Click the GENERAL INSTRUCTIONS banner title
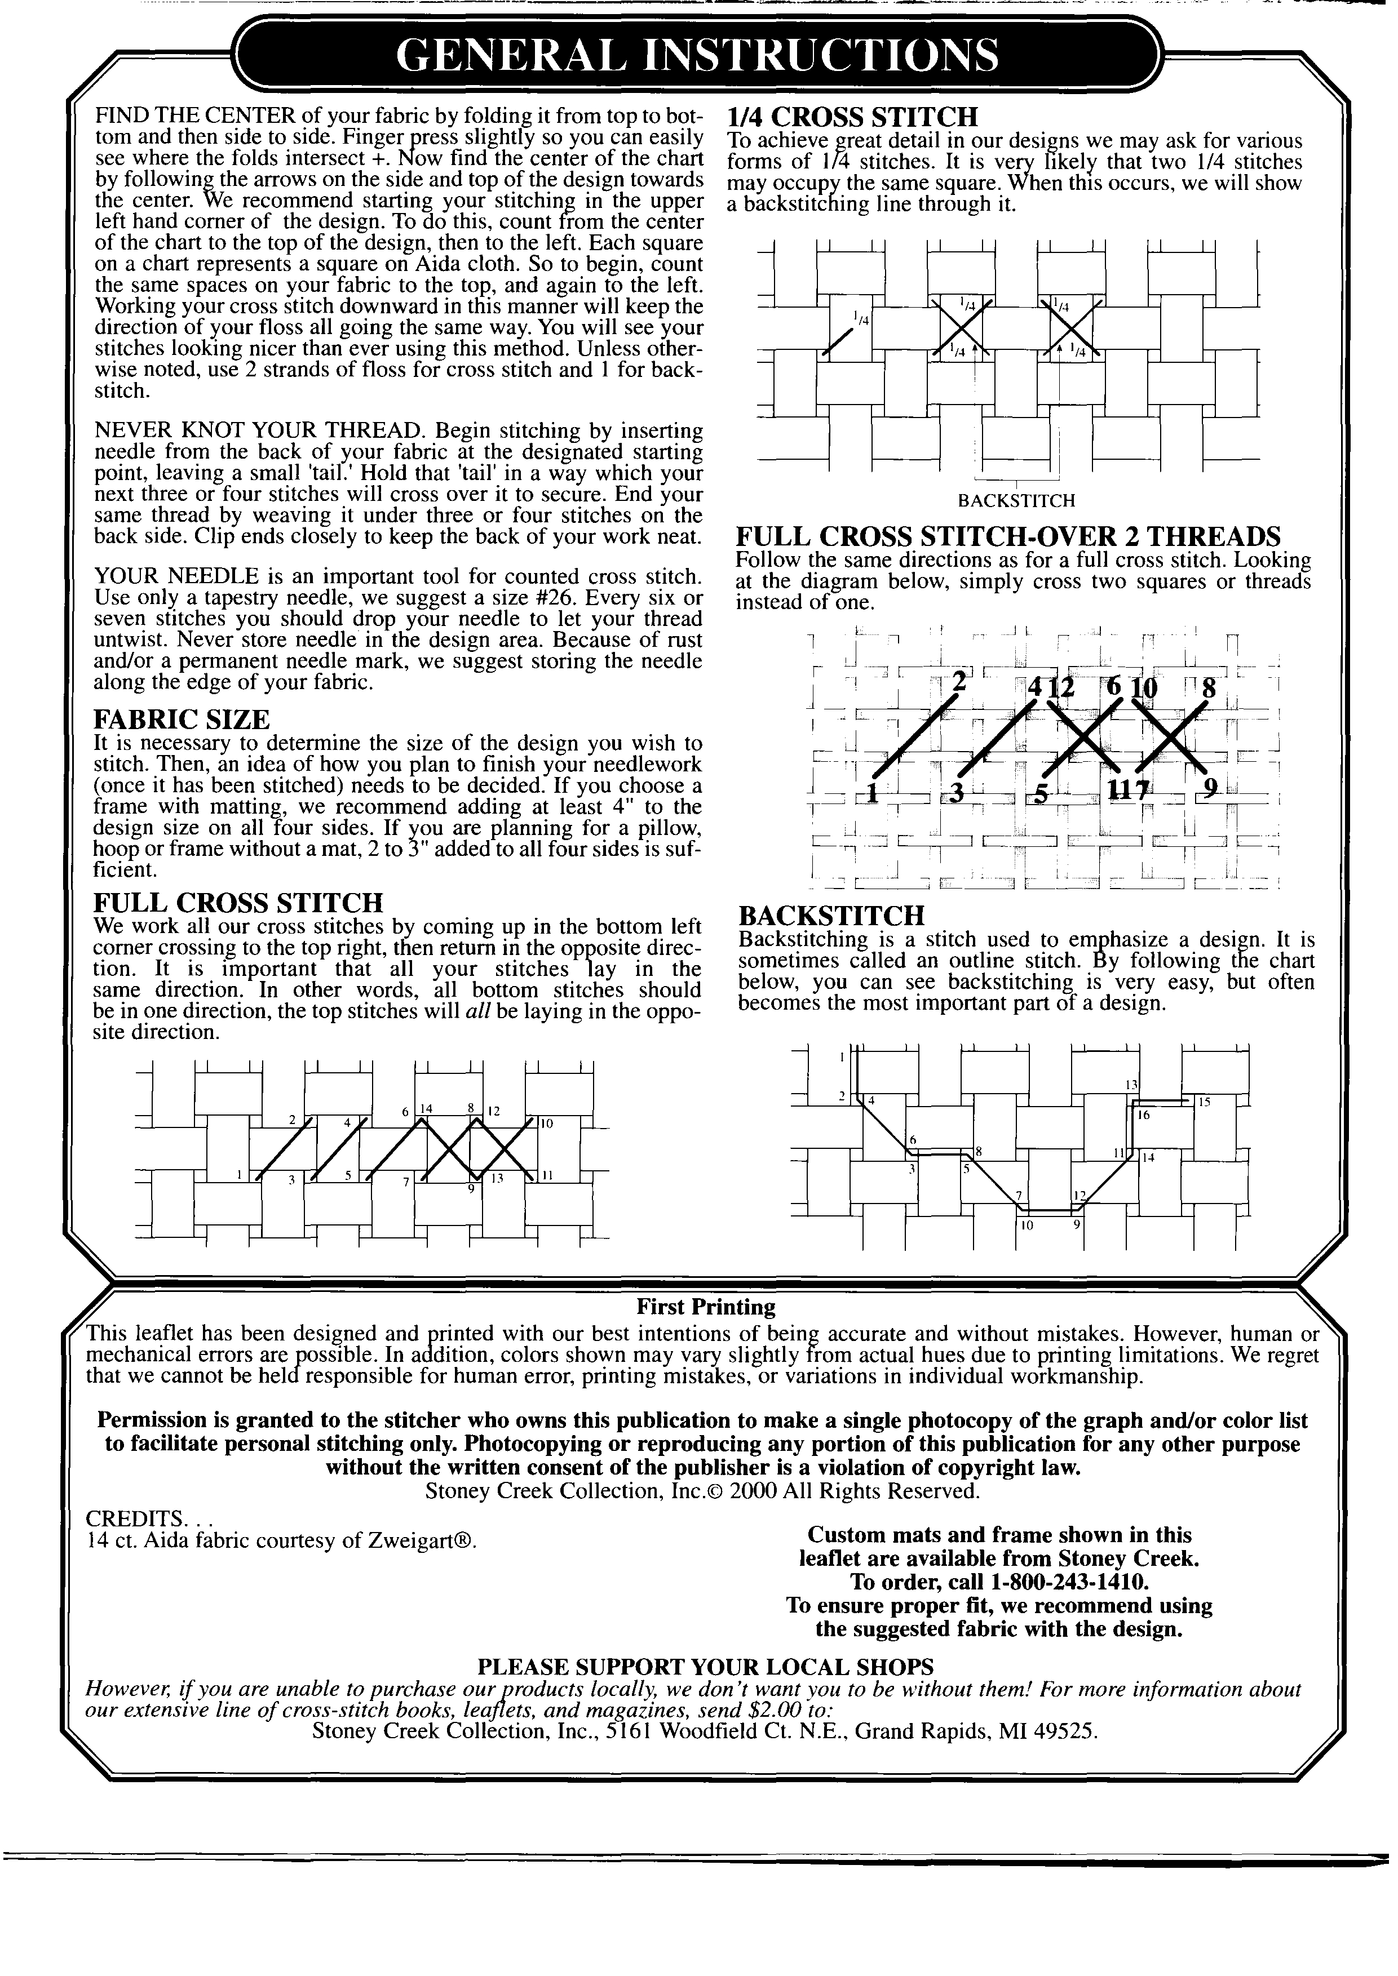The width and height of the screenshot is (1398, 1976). click(698, 55)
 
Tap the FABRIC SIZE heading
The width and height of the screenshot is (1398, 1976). click(181, 718)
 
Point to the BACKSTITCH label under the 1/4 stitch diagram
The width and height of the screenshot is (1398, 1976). click(1016, 500)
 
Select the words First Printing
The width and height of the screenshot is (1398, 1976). click(706, 1307)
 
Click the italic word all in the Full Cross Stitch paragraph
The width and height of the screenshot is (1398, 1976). click(476, 1011)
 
